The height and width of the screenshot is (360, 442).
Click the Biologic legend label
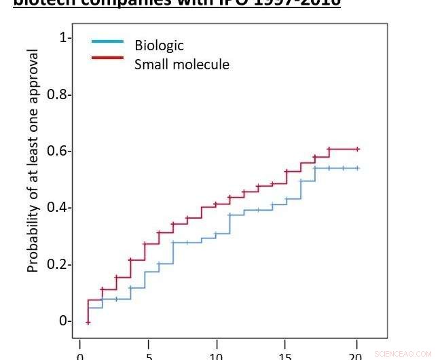[x=159, y=46]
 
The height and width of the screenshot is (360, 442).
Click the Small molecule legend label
[x=181, y=65]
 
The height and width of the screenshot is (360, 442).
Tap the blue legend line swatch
[x=107, y=41]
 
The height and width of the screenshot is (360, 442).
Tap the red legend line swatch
[x=107, y=58]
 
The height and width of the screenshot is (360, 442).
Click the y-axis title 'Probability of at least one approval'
[x=33, y=160]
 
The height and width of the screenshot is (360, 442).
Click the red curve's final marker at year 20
[x=357, y=149]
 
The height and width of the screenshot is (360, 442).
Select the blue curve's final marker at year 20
[x=357, y=168]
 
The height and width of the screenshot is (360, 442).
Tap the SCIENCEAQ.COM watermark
[x=403, y=354]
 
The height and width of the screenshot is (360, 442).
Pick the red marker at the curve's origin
[x=88, y=322]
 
